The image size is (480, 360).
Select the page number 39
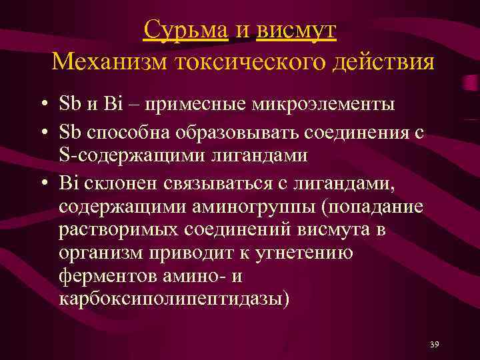coord(435,344)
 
